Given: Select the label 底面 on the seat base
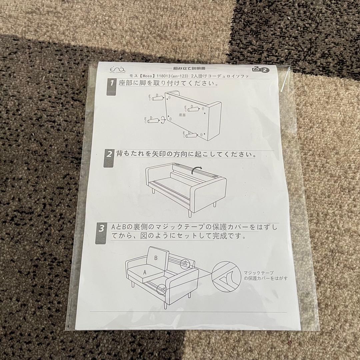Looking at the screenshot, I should click(182, 115).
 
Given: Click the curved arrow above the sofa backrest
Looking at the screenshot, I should click(197, 171).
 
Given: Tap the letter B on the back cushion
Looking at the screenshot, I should click(155, 258).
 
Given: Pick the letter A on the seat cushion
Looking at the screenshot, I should click(145, 272).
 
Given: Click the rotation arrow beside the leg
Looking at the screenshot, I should click(163, 120).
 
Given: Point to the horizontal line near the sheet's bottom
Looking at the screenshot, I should click(188, 312).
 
